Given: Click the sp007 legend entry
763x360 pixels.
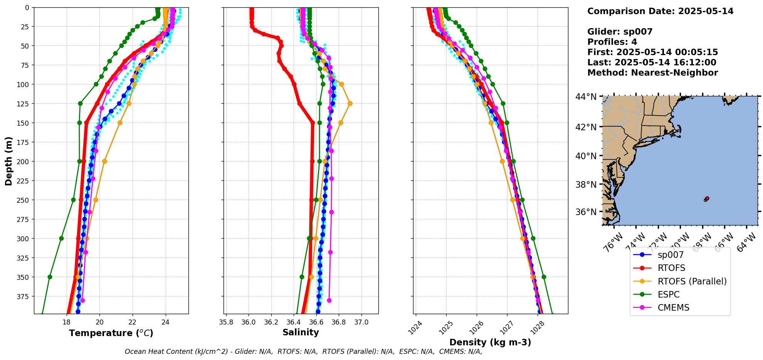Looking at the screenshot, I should (x=671, y=255).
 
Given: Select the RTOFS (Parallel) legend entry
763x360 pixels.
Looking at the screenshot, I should (x=692, y=281).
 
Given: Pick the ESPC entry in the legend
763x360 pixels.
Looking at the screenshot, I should (x=669, y=294).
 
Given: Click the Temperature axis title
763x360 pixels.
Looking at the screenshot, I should (x=111, y=333).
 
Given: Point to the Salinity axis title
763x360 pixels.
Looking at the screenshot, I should (x=301, y=332).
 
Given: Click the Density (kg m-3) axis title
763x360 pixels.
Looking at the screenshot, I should (x=490, y=342).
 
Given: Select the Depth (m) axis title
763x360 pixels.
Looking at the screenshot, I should (x=8, y=161).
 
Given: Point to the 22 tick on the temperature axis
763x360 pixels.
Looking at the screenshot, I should (x=133, y=322).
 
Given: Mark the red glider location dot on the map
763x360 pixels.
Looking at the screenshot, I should (x=707, y=198).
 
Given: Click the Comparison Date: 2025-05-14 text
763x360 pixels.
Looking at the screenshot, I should (x=660, y=11).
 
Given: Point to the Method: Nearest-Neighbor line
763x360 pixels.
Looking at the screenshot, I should (x=652, y=73).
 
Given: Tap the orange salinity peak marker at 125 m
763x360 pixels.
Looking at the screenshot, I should (x=350, y=103).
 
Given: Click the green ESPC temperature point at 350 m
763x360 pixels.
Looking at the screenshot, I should (x=50, y=277).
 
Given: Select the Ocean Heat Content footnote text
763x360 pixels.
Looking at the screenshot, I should (x=303, y=352).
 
